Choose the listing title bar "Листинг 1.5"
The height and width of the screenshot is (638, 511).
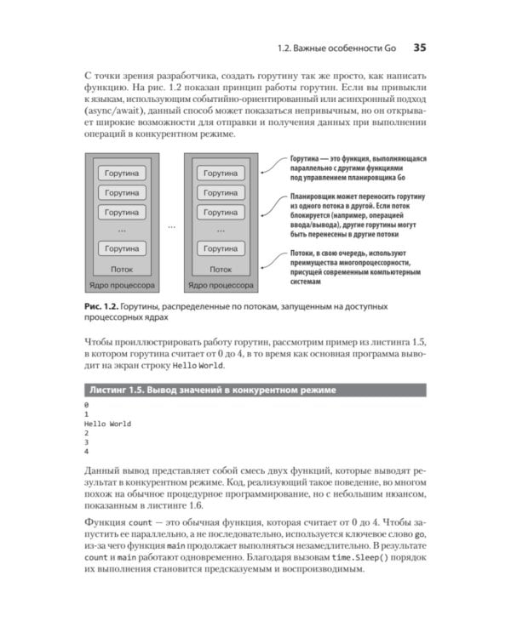(x=211, y=390)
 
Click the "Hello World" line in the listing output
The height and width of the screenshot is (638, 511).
(x=107, y=424)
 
